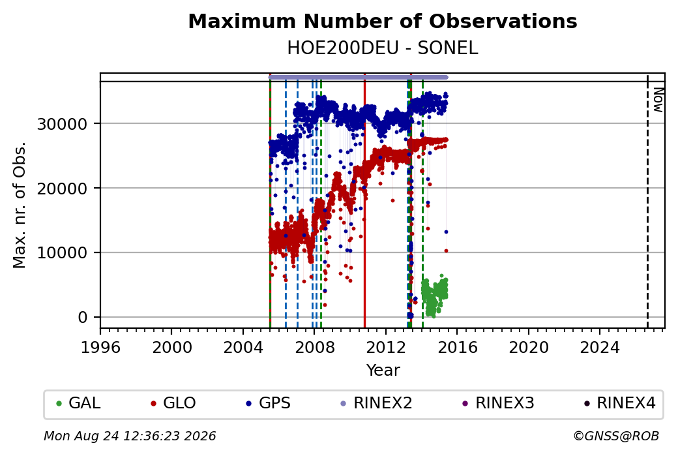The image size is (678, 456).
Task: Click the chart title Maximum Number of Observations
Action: point(383,21)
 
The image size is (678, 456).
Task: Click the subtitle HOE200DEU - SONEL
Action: point(383,48)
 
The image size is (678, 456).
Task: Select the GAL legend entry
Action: point(78,403)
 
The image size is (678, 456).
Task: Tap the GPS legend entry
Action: point(268,403)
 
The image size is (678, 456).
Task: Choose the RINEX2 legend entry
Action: point(376,403)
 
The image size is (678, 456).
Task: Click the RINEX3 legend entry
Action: point(498,403)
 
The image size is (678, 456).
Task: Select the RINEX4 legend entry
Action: point(620,403)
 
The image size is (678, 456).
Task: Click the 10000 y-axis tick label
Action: point(63,252)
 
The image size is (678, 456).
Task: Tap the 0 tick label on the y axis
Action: point(83,318)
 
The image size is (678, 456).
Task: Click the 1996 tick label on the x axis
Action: point(100,347)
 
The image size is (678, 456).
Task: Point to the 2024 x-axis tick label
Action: point(600,347)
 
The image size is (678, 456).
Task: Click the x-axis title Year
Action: point(383,371)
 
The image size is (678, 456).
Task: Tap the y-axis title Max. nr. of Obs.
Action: point(20,205)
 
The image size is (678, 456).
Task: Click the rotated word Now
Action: point(658,100)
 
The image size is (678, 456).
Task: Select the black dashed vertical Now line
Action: point(647,201)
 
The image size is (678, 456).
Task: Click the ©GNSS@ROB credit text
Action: point(616,436)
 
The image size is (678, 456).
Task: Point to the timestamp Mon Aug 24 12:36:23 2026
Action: point(130,436)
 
